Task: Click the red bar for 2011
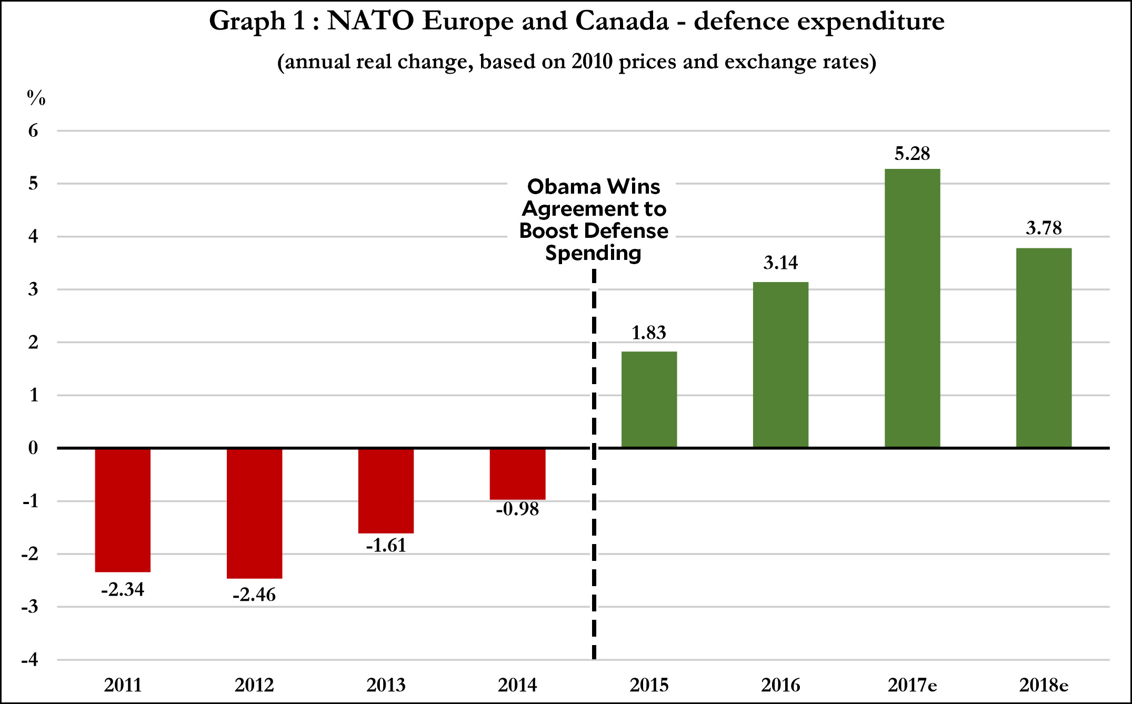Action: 123,510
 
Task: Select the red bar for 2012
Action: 254,513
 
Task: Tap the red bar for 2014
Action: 517,474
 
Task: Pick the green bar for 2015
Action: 649,399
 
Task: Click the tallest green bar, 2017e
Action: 912,308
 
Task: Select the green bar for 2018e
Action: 1044,348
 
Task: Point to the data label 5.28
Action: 912,154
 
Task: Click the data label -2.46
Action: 254,595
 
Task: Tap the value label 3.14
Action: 780,263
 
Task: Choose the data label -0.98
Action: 517,509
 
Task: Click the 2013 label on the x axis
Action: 386,685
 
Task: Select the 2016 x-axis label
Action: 780,685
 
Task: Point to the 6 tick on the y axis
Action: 33,130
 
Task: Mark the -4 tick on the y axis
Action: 30,660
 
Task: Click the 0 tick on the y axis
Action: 33,448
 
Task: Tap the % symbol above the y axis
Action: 36,98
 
